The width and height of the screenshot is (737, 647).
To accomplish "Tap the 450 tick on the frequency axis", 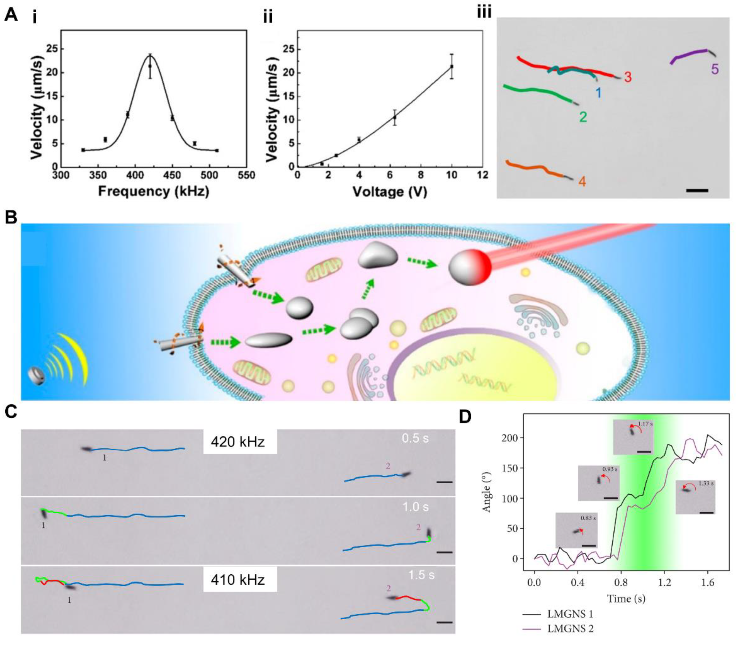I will pos(172,175).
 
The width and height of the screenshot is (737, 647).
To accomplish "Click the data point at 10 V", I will pos(451,67).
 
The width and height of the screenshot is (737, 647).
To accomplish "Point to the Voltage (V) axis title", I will pos(390,191).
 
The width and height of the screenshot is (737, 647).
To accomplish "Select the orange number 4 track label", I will pos(582,181).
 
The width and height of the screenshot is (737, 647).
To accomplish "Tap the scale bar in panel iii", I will pos(697,190).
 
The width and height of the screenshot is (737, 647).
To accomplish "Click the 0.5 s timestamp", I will pos(415,438).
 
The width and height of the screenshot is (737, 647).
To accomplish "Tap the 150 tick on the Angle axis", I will pos(511,468).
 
